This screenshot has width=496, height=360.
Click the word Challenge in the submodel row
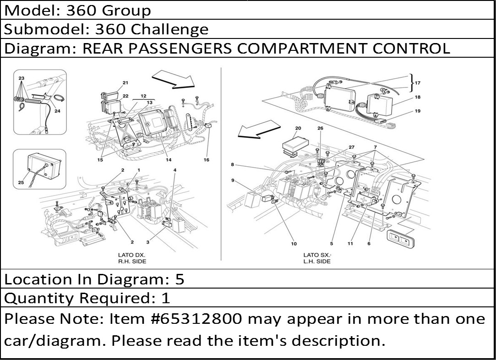169,29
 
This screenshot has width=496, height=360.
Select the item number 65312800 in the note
201,319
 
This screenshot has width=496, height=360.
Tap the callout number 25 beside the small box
21,182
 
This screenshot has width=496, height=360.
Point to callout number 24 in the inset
57,111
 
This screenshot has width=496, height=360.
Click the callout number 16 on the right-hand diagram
206,160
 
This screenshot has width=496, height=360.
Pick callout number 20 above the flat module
298,128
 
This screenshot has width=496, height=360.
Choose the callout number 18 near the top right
418,97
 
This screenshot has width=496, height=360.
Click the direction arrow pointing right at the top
173,79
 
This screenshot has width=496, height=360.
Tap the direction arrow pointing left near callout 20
259,129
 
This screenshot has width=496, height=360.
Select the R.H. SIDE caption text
132,262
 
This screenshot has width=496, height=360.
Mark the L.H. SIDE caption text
316,262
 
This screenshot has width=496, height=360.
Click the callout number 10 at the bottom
294,244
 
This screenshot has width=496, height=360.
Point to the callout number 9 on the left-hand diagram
233,180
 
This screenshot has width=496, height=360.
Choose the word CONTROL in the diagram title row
411,49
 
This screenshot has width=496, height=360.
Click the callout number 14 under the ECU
169,160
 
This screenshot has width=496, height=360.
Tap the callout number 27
351,147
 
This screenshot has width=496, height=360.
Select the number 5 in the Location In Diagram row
180,279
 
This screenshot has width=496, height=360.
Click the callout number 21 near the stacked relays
125,83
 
